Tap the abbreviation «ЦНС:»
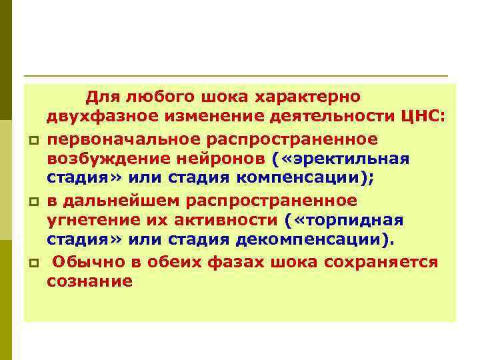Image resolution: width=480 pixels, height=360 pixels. (x=421, y=118)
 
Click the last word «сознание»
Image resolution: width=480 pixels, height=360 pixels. (x=89, y=282)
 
